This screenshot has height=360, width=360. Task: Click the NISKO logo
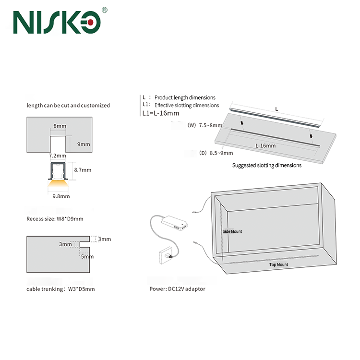[x=57, y=22]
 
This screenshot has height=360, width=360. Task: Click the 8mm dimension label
[x=60, y=126]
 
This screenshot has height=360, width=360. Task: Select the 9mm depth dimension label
[x=84, y=144]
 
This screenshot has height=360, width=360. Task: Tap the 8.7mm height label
[x=83, y=170]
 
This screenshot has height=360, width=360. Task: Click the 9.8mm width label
[x=61, y=196]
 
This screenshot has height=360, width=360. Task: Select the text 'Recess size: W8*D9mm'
[x=55, y=219]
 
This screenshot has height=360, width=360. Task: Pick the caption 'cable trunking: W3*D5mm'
[x=60, y=289]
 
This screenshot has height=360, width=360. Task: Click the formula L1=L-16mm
[x=161, y=113]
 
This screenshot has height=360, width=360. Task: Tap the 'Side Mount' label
[x=232, y=231]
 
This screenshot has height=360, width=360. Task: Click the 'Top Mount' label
[x=278, y=264]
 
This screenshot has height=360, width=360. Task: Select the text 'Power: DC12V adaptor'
[x=177, y=289]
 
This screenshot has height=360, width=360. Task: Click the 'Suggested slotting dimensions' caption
[x=267, y=165]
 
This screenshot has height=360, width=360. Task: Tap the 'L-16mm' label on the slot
[x=265, y=145]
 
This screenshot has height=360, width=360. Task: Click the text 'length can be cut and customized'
[x=68, y=105]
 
